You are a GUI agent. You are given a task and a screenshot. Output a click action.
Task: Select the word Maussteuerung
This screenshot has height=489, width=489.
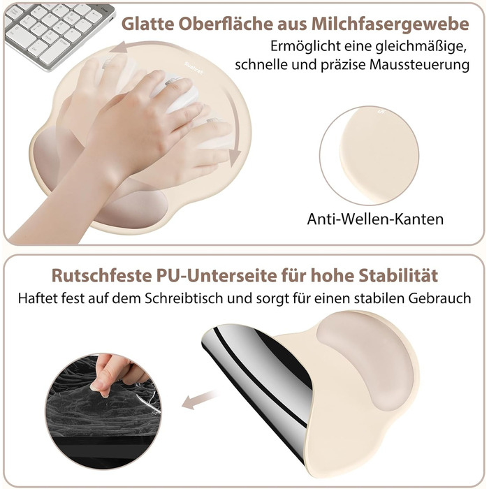pos(419,65)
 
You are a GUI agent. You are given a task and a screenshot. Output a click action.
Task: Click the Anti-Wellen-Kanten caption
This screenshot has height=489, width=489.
pos(375,219)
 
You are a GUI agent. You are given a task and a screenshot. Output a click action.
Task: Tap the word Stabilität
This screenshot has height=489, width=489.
pos(398,275)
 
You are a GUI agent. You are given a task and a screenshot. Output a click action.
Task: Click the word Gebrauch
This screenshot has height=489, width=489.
pos(439,298)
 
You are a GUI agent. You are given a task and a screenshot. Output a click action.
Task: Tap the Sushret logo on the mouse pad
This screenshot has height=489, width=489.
pos(194,68)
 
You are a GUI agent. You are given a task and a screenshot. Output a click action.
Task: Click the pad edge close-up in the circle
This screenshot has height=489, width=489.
pos(370,155)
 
